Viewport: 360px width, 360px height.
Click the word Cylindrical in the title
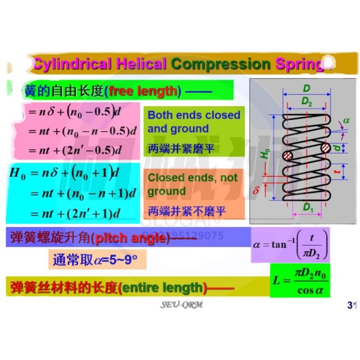(x=71, y=63)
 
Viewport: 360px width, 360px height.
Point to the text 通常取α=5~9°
(x=94, y=260)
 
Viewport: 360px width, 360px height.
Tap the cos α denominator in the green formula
(x=310, y=290)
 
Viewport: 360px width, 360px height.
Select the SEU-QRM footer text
(x=182, y=305)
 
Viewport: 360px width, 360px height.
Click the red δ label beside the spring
(x=256, y=191)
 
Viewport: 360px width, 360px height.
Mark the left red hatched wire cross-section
(x=288, y=156)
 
